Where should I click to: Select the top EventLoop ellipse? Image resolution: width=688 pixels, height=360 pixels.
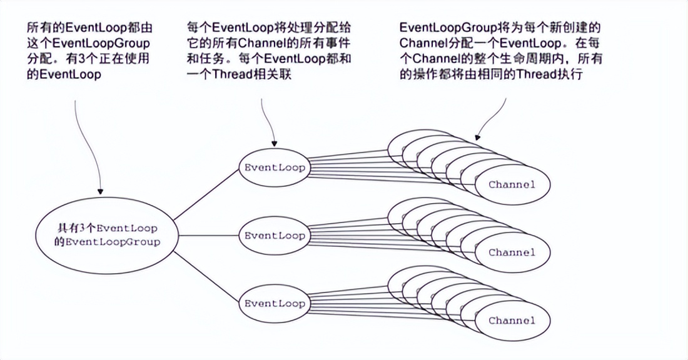pyautogui.click(x=274, y=168)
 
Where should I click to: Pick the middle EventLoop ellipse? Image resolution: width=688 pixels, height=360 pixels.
pyautogui.click(x=274, y=236)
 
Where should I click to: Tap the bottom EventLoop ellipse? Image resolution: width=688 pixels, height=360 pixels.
pyautogui.click(x=274, y=304)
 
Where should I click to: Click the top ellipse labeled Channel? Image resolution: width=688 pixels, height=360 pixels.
pyautogui.click(x=512, y=184)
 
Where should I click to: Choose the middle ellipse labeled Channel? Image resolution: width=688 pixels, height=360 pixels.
pyautogui.click(x=512, y=252)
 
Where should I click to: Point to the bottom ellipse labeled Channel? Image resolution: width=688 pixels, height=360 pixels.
pyautogui.click(x=512, y=321)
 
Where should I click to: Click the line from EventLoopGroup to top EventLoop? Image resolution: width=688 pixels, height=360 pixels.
pyautogui.click(x=207, y=193)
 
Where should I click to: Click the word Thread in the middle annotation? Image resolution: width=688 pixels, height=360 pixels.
pyautogui.click(x=235, y=74)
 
